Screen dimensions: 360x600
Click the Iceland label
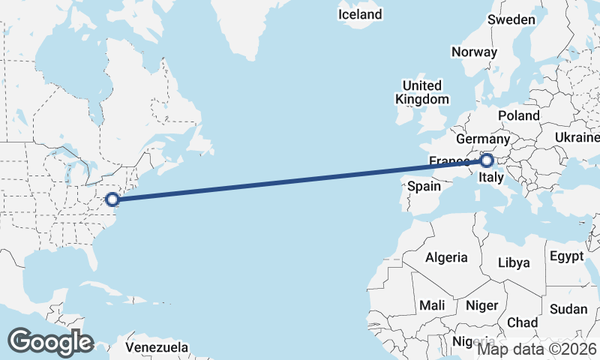(360, 14)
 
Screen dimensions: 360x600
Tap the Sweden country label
(511, 20)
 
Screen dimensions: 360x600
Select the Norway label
(474, 52)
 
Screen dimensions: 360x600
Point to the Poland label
(518, 115)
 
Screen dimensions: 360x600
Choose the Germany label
(482, 139)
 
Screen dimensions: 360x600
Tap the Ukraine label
(576, 137)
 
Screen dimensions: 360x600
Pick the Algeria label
(446, 257)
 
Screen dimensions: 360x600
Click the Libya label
(514, 262)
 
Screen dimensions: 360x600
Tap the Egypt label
(566, 256)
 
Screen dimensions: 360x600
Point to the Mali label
(432, 305)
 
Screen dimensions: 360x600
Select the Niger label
(481, 305)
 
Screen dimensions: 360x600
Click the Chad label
(522, 322)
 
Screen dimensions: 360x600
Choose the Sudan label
(568, 309)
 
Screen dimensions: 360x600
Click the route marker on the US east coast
(112, 199)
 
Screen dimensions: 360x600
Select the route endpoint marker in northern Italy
(487, 160)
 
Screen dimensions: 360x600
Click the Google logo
(50, 342)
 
